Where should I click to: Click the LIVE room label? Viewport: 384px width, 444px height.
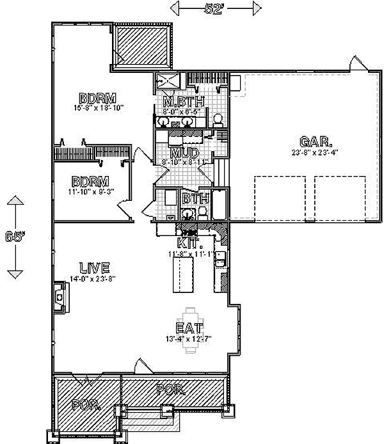tap(94, 267)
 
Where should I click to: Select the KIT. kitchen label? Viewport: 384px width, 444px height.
tap(190, 243)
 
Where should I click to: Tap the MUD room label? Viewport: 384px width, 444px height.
tap(184, 154)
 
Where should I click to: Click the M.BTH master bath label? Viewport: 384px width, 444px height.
tap(183, 102)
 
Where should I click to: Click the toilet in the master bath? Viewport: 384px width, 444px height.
tap(217, 118)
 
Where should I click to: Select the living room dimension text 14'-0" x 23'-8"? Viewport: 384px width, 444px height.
tap(94, 278)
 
